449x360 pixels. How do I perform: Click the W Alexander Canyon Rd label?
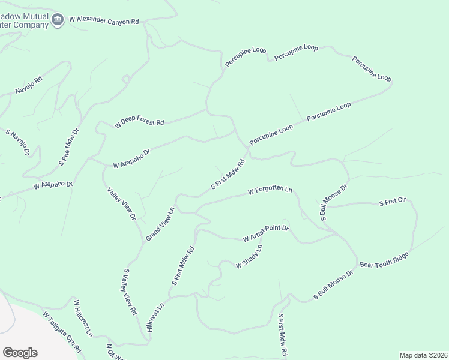pos(104,20)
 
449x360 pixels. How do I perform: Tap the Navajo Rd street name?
pos(29,86)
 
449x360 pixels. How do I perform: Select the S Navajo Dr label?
pos(18,142)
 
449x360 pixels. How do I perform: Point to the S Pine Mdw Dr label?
pos(69,147)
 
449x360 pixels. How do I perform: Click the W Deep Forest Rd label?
pos(139,123)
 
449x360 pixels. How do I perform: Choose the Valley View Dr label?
pos(122,203)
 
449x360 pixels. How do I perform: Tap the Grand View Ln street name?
pos(160,224)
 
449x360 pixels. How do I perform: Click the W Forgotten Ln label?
pos(270,191)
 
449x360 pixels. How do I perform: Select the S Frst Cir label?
pos(393,204)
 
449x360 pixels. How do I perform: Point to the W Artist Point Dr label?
pos(266,234)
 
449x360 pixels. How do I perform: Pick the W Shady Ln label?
pos(249,256)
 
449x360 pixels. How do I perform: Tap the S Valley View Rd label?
pos(130,292)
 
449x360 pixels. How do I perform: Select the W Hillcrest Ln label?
pos(83,317)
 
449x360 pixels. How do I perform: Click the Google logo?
pos(20,353)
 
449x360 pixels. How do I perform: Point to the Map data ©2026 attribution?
pos(423,355)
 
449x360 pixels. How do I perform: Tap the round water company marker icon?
pos(58,19)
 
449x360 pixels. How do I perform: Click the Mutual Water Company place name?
pos(24,20)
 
